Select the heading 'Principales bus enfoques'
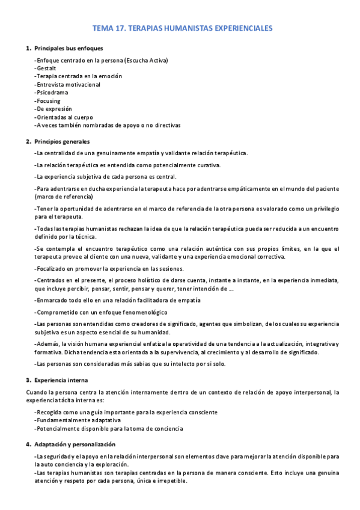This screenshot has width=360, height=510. click(x=69, y=48)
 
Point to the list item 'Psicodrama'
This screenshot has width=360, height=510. click(x=52, y=93)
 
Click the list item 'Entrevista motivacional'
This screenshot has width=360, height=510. click(x=68, y=85)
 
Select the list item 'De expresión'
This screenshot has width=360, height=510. click(x=54, y=109)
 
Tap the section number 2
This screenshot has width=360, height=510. click(x=28, y=141)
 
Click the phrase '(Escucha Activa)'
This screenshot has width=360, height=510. click(x=146, y=60)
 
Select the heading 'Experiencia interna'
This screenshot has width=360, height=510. click(x=61, y=380)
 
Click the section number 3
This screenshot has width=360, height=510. click(x=28, y=380)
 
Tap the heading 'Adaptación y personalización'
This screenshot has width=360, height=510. click(x=75, y=444)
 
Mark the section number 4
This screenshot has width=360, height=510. click(x=28, y=444)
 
